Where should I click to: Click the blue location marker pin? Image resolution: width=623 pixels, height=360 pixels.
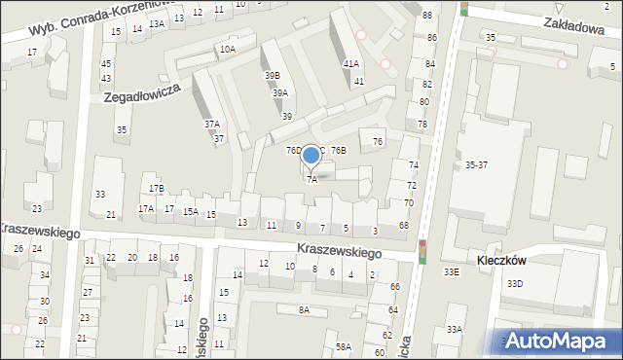[311, 156]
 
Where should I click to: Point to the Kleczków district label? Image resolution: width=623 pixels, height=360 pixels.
[502, 261]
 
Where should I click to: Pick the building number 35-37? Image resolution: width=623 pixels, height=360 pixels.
[476, 165]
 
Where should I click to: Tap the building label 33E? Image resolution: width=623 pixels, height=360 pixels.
[452, 272]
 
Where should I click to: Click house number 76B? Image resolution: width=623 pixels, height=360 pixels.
[338, 151]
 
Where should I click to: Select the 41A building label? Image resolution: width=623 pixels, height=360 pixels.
[350, 64]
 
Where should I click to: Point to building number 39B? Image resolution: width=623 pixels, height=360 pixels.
[272, 75]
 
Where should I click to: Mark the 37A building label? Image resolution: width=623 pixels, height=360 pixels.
[211, 125]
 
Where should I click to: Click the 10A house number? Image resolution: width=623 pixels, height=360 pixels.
[227, 49]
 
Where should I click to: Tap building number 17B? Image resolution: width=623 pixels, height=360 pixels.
[157, 188]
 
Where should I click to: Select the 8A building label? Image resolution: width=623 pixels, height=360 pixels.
[304, 309]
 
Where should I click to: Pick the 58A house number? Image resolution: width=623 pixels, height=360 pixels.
[344, 346]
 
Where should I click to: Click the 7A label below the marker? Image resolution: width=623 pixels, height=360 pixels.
[311, 179]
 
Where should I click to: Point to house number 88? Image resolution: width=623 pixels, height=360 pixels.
[427, 16]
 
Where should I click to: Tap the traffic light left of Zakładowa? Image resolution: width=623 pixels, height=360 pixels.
[463, 9]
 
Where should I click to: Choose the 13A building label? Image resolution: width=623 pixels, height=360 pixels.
[156, 24]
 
